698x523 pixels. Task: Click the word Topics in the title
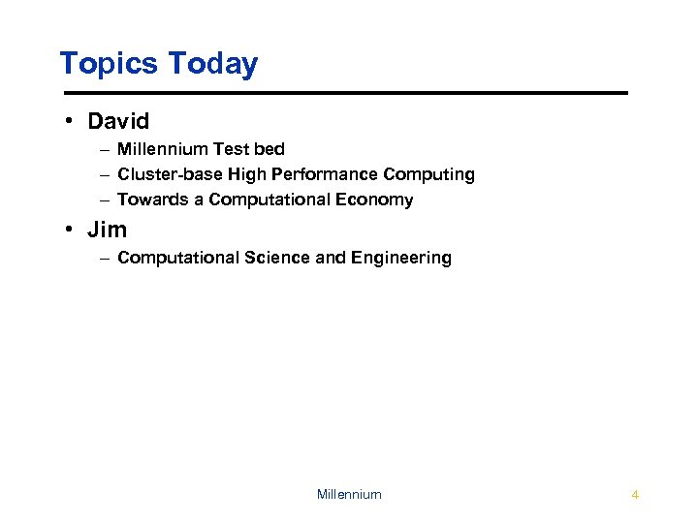click(109, 64)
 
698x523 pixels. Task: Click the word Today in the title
click(213, 64)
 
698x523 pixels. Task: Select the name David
click(118, 122)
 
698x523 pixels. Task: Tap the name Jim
click(107, 231)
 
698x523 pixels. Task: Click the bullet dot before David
click(70, 122)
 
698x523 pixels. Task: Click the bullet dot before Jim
click(70, 231)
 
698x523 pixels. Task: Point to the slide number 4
click(634, 495)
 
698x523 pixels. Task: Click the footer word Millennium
click(349, 495)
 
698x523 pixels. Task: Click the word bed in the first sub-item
click(269, 149)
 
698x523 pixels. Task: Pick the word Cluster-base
click(170, 174)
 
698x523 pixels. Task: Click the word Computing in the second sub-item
click(428, 174)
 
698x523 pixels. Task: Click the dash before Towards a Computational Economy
click(103, 200)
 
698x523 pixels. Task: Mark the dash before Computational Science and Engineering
click(103, 259)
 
